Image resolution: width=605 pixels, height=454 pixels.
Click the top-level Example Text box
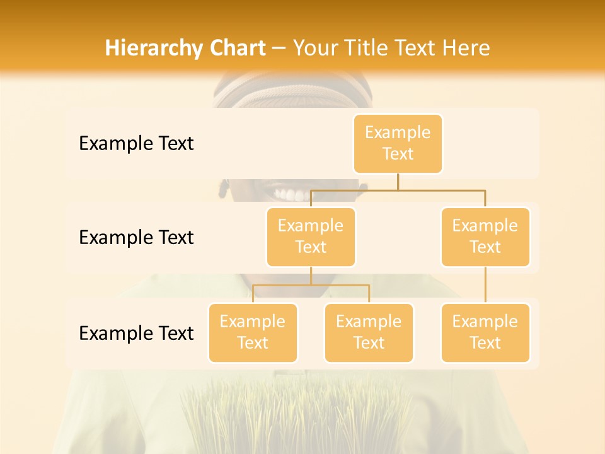398,144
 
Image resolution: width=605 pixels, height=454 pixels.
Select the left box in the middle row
311,236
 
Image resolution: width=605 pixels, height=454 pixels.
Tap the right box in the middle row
485,236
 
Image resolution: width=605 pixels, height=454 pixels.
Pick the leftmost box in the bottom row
253,332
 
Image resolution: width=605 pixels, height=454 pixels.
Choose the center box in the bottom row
369,332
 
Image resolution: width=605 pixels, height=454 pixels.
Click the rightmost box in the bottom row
485,332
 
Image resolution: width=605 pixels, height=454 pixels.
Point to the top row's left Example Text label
136,144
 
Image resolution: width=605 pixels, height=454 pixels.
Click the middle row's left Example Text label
136,238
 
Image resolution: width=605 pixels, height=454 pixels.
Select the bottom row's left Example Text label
136,333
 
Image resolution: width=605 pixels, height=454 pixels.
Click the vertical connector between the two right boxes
485,285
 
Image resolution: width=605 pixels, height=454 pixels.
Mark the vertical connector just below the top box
398,182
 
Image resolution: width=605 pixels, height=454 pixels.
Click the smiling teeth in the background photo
291,192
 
